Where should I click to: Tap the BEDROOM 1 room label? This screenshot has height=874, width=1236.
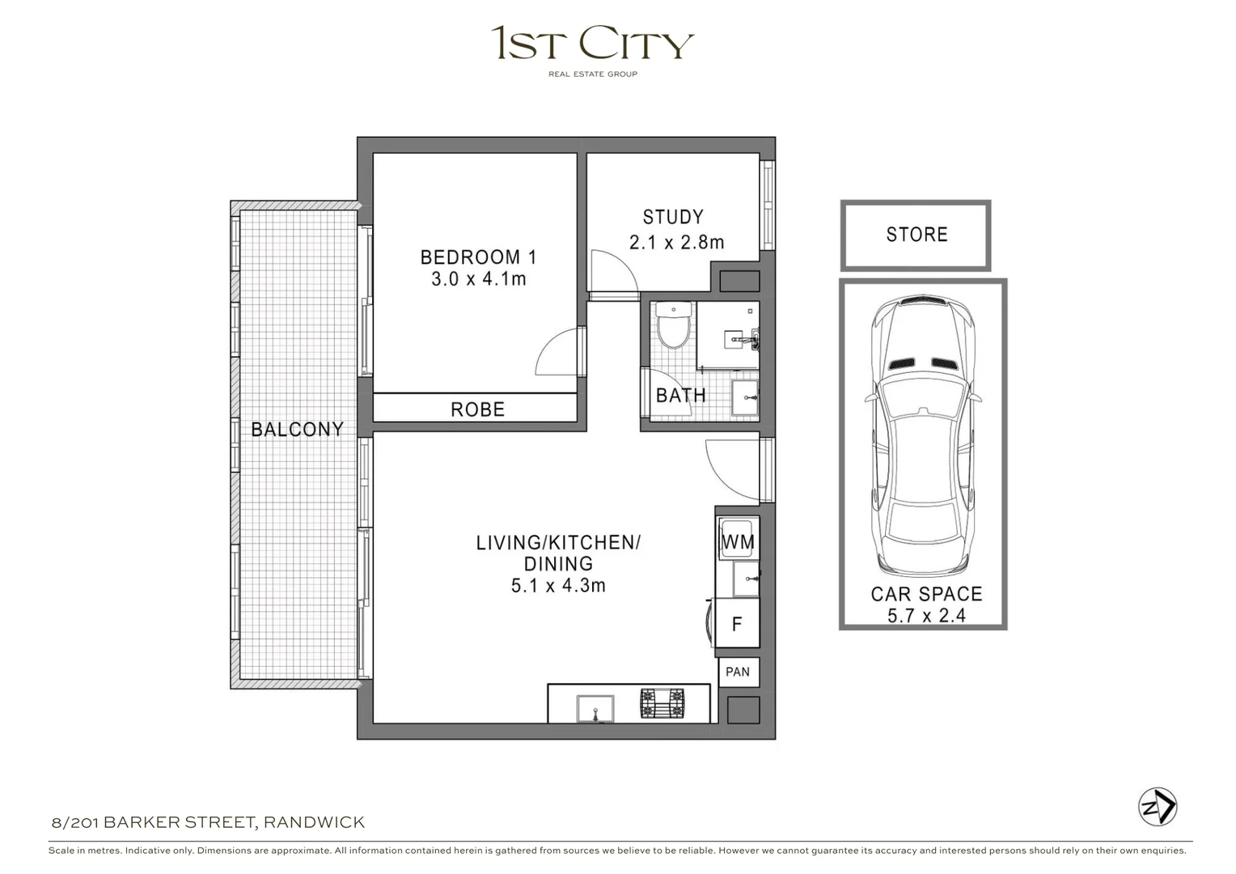[x=478, y=257]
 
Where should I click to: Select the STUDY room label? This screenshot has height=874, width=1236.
[x=673, y=217]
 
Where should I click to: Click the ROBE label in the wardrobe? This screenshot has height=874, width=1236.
[x=477, y=409]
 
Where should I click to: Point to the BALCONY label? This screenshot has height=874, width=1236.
[x=297, y=429]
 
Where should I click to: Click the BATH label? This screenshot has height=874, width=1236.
[x=680, y=396]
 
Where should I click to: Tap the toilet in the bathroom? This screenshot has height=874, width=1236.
[x=673, y=325]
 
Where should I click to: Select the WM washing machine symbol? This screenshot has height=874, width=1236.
[x=737, y=541]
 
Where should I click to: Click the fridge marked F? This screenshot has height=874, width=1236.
[x=737, y=623]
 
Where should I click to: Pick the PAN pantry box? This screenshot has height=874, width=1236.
[x=738, y=672]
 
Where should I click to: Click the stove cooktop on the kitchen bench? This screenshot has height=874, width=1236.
[x=662, y=703]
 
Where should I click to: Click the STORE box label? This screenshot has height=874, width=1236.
[x=916, y=235]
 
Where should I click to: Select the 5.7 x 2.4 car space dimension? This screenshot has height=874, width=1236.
[x=926, y=616]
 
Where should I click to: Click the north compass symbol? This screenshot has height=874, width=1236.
[x=1158, y=807]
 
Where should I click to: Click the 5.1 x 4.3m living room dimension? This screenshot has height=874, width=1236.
[x=558, y=586]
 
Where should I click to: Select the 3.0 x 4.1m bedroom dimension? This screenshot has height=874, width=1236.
[x=478, y=279]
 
